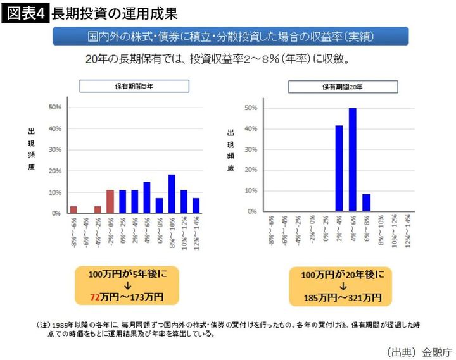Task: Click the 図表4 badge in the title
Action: [25, 13]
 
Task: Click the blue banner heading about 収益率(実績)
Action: [230, 36]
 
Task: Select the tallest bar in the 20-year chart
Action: [352, 159]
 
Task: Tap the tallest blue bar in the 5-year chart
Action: [172, 194]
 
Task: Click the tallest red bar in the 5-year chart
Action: [110, 201]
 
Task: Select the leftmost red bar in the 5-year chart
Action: [73, 209]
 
